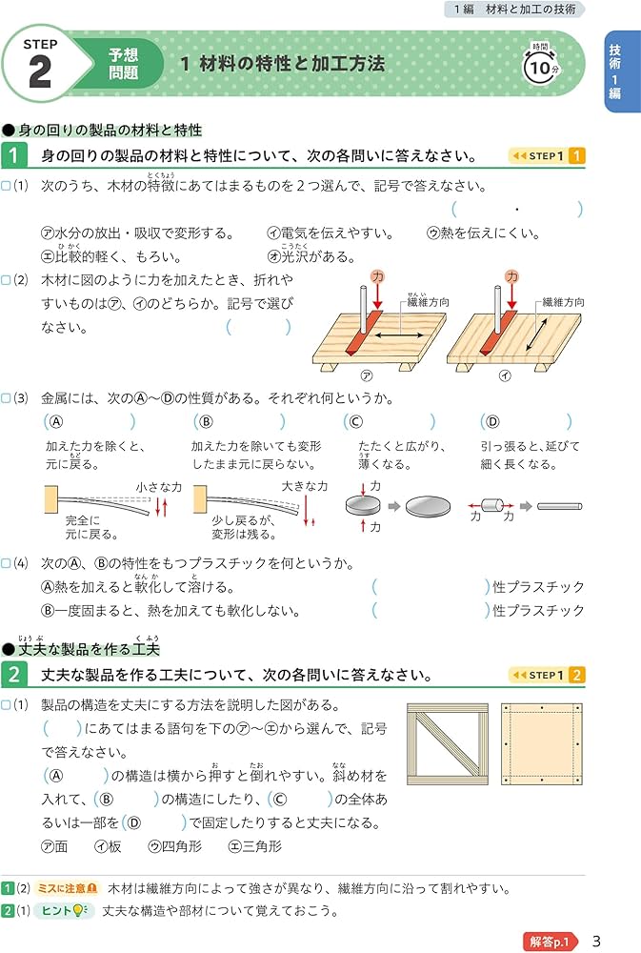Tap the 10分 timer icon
point(540,66)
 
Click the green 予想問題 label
point(123,64)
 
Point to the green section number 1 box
point(14,155)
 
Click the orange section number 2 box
point(14,676)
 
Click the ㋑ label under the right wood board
point(505,376)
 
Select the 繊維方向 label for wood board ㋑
point(563,302)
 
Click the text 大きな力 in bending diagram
point(304,486)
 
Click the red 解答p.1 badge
point(551,940)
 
